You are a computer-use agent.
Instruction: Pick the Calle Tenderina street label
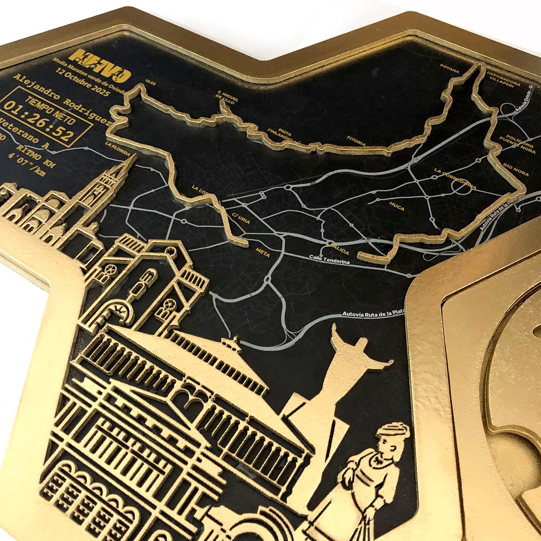point(329,260)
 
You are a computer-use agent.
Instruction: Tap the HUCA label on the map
point(397,206)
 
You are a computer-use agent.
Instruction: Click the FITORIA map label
point(356,141)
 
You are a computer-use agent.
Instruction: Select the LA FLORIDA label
point(118,149)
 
